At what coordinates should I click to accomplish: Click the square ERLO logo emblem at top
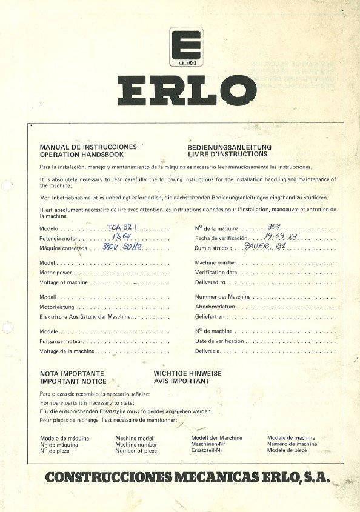click(x=185, y=47)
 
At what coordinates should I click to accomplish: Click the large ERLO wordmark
click(x=187, y=90)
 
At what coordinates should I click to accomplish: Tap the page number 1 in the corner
click(x=343, y=12)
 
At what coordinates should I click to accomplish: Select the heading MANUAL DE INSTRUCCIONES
click(x=88, y=147)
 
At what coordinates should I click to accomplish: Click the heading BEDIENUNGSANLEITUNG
click(x=230, y=147)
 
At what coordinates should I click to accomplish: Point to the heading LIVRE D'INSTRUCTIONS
click(x=227, y=155)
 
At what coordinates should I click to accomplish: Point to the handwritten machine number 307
click(x=275, y=227)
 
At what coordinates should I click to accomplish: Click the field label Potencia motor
click(x=59, y=238)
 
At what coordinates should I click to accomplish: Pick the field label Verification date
click(x=216, y=273)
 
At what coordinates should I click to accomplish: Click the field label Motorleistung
click(x=58, y=307)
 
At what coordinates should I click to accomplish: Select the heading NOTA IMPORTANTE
click(x=72, y=374)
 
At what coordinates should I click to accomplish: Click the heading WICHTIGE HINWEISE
click(x=187, y=374)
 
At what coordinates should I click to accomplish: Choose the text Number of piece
click(x=136, y=451)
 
